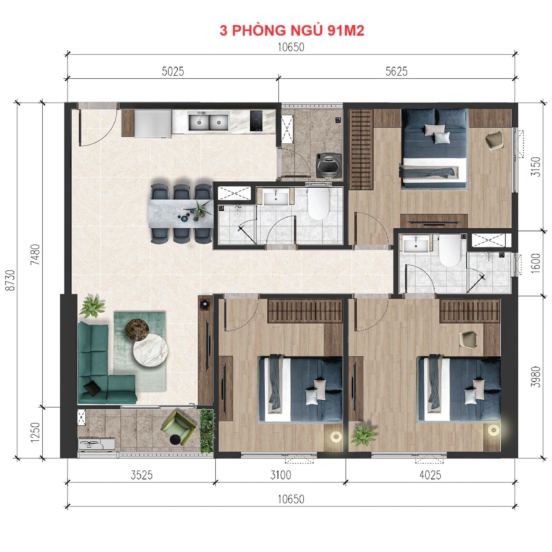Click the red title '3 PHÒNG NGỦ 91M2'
pos(292,30)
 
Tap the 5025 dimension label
pos(173,71)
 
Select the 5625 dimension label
pos(396,71)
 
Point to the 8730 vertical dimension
pos(11,280)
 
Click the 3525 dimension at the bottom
pos(142,475)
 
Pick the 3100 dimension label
pos(281,475)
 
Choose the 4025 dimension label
pos(430,475)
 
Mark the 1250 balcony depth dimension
pos(35,432)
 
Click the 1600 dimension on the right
pos(536,263)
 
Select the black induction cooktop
pos(256,121)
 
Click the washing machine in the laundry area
pos(329,165)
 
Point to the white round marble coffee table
pos(150,350)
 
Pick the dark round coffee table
pos(137,330)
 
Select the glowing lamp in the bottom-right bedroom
pos(493,431)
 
